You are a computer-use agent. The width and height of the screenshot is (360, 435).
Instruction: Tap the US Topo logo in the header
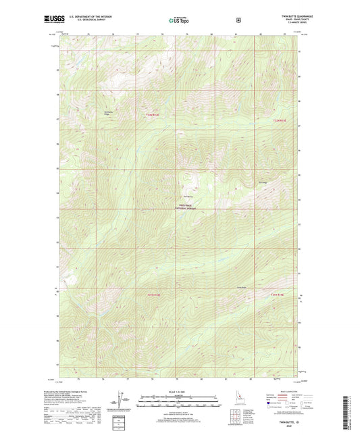tap(179, 21)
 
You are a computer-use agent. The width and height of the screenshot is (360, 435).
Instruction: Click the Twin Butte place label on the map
tap(189, 178)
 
